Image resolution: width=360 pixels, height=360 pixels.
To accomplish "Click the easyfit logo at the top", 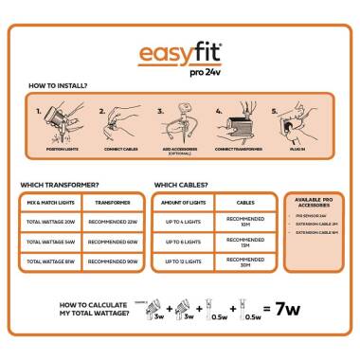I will click(x=179, y=55).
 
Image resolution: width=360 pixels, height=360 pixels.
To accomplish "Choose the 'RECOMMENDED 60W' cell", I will click(x=114, y=242).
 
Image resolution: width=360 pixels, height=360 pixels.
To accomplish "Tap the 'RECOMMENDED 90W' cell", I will click(x=114, y=261).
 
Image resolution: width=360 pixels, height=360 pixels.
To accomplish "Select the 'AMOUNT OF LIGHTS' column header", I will click(x=184, y=203).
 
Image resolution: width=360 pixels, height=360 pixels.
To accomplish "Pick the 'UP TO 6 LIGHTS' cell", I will click(x=184, y=242).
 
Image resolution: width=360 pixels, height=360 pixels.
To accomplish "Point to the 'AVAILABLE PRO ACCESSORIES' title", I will click(x=315, y=204).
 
